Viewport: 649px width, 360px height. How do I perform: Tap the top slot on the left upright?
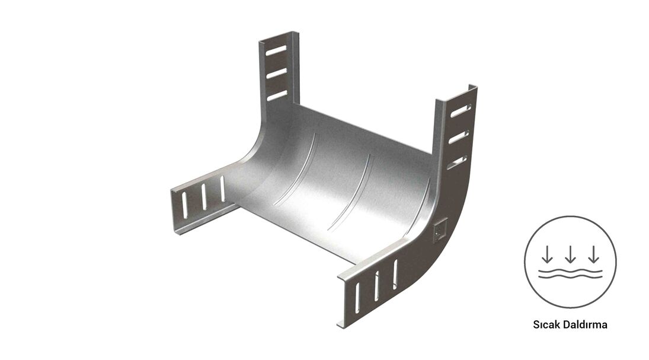(x=276, y=50)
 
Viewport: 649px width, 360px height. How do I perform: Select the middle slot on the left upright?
(x=276, y=74)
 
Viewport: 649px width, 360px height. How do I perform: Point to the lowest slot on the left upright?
(x=277, y=95)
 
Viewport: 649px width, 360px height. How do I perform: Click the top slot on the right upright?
(x=461, y=111)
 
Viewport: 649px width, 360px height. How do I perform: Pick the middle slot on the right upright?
(x=459, y=137)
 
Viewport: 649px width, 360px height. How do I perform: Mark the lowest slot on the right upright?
(x=456, y=162)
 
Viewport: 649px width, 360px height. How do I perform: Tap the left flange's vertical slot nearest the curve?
(x=222, y=189)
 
